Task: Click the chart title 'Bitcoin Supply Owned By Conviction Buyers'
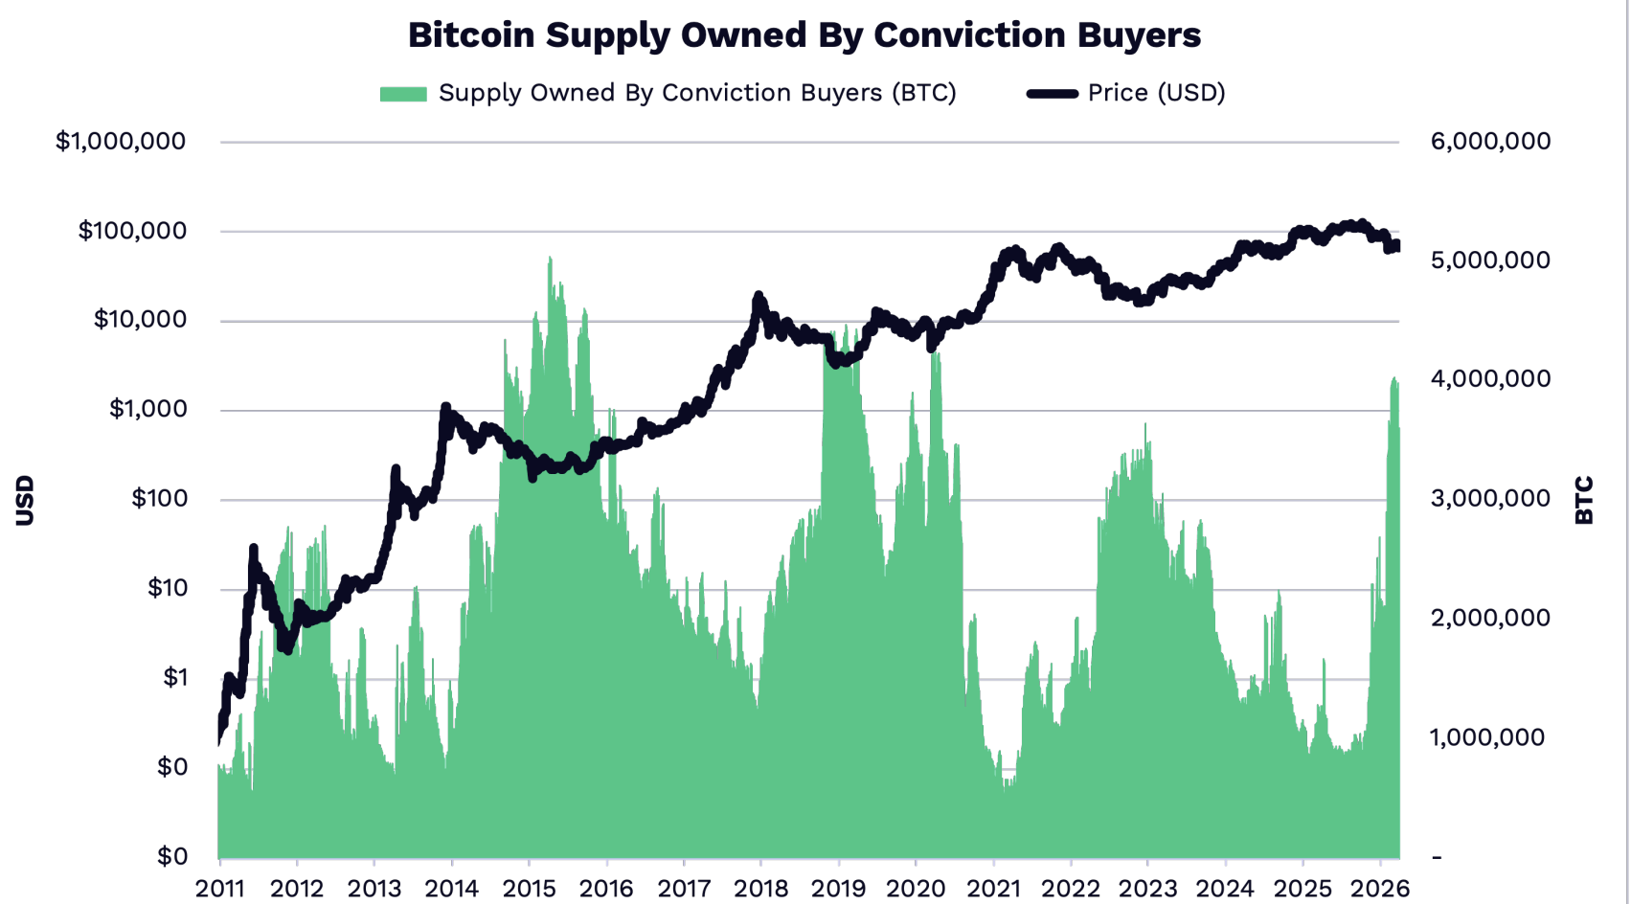point(804,34)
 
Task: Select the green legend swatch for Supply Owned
point(402,94)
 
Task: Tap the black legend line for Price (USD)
point(1052,94)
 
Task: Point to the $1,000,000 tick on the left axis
point(121,142)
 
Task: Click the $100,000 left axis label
point(132,231)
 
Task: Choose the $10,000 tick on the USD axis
point(140,320)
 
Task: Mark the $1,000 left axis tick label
point(147,410)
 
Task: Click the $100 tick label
point(158,499)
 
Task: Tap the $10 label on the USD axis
point(167,588)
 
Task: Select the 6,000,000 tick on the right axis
point(1490,142)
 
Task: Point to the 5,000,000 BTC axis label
point(1490,260)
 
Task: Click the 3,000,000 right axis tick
point(1490,499)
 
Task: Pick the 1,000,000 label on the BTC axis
point(1487,737)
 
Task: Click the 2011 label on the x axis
point(219,889)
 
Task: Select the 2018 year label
point(761,889)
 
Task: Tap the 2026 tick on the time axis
point(1380,889)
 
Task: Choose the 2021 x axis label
point(993,889)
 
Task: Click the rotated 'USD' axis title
point(25,500)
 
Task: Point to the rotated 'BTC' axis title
point(1584,500)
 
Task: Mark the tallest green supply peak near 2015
point(550,260)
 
